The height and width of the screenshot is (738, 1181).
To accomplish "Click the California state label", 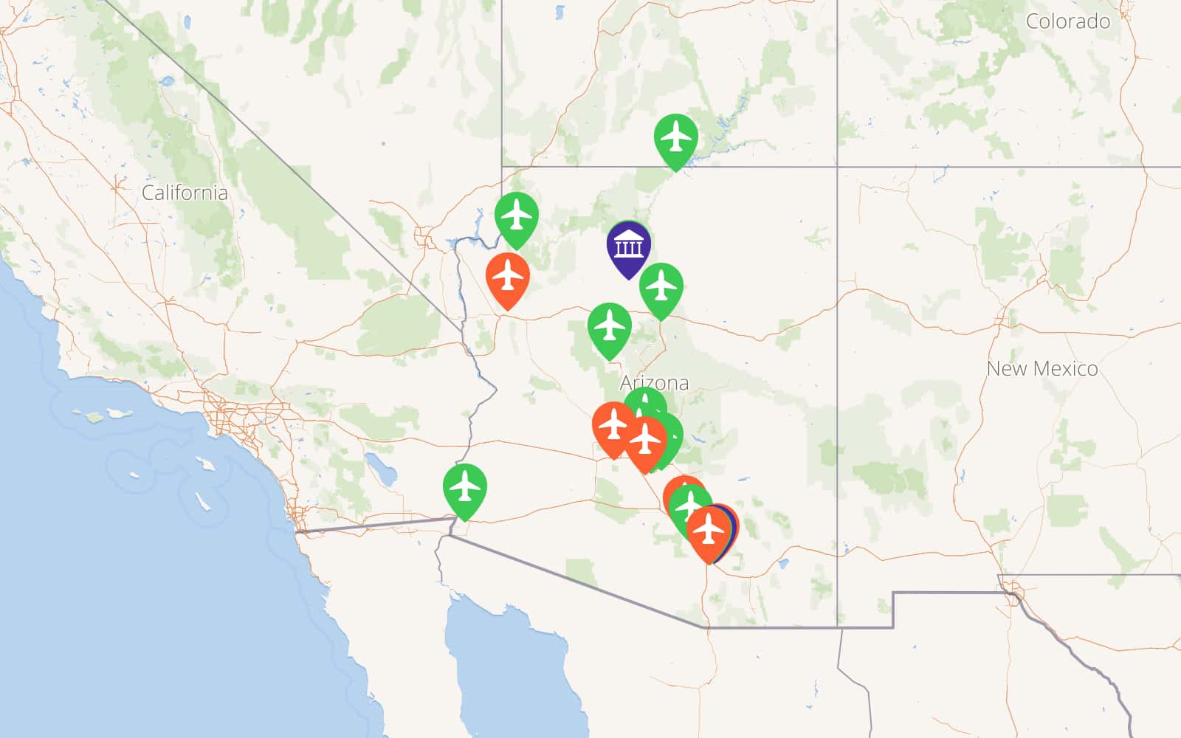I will (x=185, y=193).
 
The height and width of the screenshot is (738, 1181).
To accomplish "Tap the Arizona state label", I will (x=654, y=383).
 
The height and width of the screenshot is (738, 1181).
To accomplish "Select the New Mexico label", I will (x=1042, y=368).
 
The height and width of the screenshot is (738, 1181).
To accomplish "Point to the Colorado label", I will (x=1067, y=21).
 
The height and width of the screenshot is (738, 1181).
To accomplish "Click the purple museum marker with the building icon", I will (x=628, y=244).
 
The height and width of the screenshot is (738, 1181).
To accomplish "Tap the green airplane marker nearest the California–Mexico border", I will (x=464, y=487).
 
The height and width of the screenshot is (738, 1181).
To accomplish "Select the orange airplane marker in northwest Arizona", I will (x=508, y=277).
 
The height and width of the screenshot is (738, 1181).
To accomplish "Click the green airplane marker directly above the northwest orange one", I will (x=516, y=215).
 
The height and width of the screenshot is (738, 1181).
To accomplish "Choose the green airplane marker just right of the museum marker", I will (x=661, y=286).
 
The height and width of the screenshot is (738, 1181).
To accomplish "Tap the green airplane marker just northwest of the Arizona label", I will (x=609, y=326).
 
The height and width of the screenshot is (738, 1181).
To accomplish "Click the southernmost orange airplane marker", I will (x=709, y=529).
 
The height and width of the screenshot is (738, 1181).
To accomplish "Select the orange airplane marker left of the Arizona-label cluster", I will (x=613, y=426).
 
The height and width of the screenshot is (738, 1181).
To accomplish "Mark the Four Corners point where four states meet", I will (x=837, y=167).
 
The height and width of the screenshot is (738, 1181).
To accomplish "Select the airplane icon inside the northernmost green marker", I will (x=675, y=137).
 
